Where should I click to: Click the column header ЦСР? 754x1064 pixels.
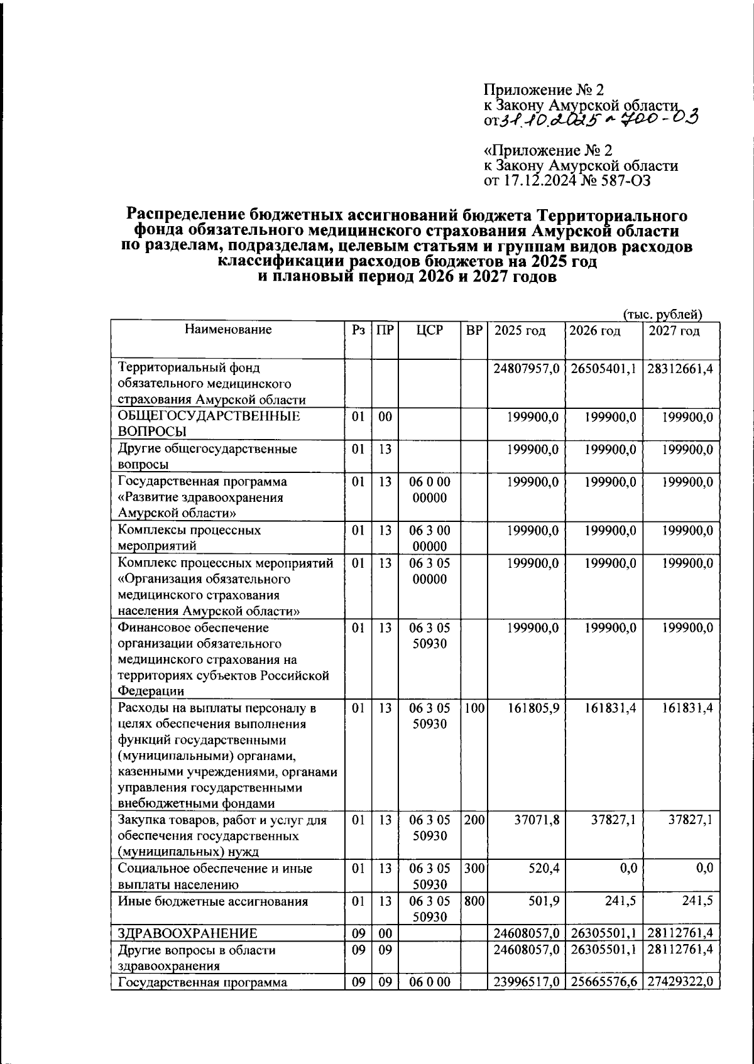click(x=430, y=330)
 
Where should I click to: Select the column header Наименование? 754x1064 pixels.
click(x=228, y=329)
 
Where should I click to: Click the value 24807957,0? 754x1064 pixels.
click(x=527, y=368)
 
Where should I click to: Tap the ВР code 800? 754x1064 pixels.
click(x=474, y=901)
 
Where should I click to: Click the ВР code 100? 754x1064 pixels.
click(x=474, y=708)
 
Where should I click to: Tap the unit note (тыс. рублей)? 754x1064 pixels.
click(x=662, y=314)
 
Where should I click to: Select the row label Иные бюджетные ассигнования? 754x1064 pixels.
click(x=213, y=901)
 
